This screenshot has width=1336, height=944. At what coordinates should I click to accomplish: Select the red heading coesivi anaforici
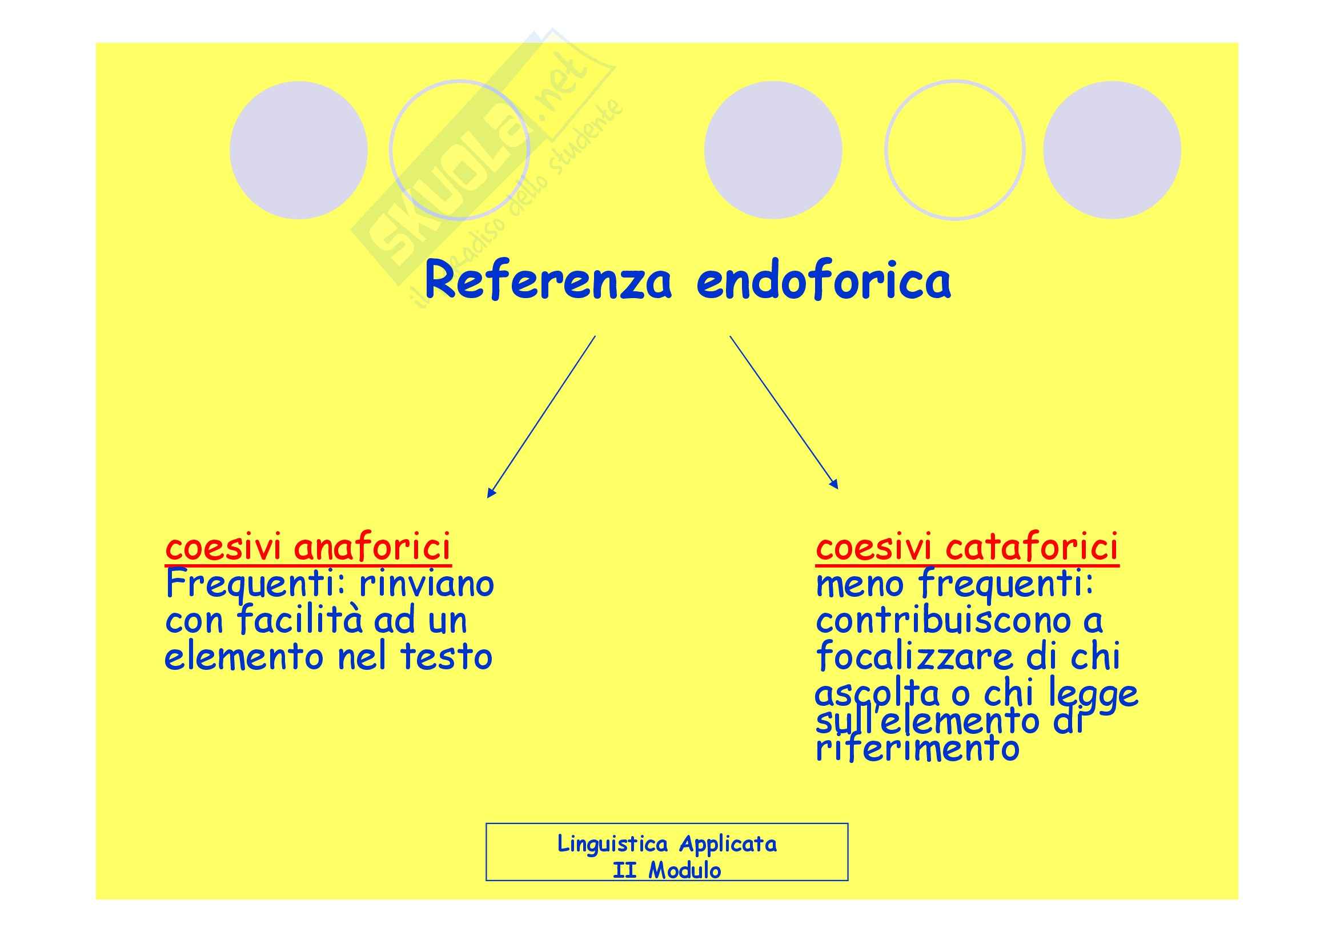[308, 547]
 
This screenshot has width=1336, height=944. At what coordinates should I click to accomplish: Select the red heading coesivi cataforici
[966, 547]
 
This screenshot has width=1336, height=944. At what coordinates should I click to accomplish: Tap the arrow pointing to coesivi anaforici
[541, 416]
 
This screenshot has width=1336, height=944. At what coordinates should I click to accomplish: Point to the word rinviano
[427, 584]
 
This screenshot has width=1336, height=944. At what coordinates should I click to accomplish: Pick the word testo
[446, 657]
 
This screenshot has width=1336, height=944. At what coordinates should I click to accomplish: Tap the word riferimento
[917, 749]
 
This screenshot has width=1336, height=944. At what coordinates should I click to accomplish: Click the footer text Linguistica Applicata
[667, 843]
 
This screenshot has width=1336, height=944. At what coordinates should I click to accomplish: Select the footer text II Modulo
[667, 871]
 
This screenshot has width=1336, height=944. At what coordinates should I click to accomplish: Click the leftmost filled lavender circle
[299, 150]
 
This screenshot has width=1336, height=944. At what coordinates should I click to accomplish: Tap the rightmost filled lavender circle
[1112, 150]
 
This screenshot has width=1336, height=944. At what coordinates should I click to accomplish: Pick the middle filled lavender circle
[773, 150]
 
